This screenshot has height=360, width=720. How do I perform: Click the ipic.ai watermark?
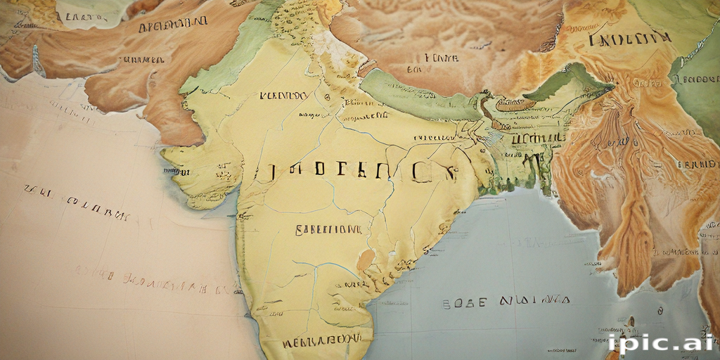tap(660, 342)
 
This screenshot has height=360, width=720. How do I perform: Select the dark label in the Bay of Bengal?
tap(505, 302)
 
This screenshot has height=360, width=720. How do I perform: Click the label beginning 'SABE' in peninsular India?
tap(328, 229)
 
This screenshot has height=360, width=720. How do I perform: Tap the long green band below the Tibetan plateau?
tap(422, 98)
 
